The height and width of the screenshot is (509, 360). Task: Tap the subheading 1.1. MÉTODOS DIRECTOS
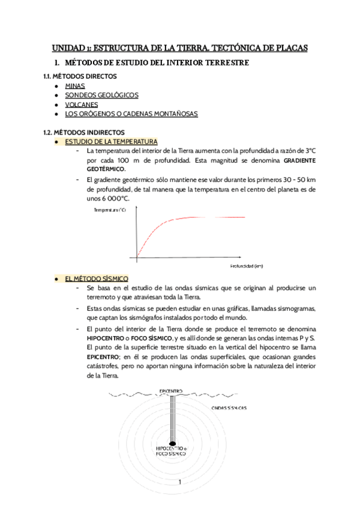[80, 77]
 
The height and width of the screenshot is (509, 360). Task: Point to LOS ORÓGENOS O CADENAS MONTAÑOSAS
[131, 114]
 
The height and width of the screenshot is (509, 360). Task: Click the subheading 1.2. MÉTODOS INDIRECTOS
[83, 131]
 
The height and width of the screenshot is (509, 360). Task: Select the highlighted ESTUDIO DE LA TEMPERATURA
[110, 141]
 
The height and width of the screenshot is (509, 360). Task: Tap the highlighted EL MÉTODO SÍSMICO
[96, 279]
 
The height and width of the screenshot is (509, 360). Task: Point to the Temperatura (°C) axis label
[109, 210]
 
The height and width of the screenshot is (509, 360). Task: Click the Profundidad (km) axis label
[247, 265]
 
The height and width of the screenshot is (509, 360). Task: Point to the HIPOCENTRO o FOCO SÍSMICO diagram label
[171, 451]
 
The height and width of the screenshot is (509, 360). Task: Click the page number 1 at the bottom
[179, 482]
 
